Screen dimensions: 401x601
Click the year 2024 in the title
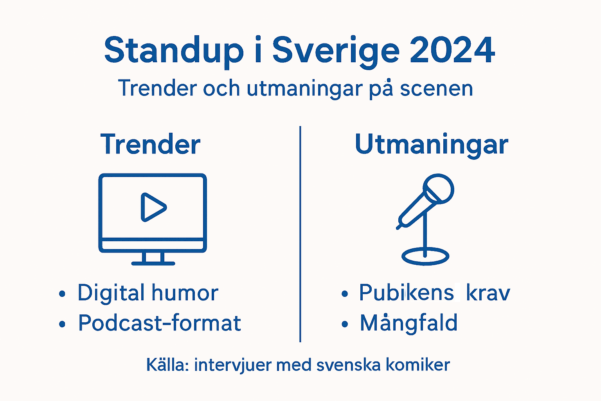(x=452, y=51)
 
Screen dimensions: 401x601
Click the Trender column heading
(x=151, y=145)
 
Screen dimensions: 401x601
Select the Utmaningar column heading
(x=431, y=145)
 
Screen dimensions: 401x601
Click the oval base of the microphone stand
(x=425, y=256)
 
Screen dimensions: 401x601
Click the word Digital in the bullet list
(x=111, y=293)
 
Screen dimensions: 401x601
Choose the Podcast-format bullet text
(x=159, y=323)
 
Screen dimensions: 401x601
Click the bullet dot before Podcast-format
(x=62, y=324)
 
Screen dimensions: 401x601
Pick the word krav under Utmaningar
(x=488, y=293)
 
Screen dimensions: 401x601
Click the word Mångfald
(x=408, y=323)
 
